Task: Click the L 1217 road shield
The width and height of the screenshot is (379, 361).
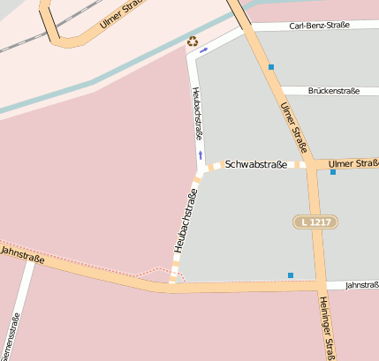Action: [315, 222]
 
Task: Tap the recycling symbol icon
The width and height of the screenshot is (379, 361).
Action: [193, 41]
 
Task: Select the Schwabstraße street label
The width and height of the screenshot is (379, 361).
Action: [255, 165]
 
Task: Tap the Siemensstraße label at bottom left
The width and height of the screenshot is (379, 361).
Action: [10, 340]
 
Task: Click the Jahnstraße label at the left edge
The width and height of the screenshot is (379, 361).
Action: [21, 252]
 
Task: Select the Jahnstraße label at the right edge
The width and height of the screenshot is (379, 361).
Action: [361, 285]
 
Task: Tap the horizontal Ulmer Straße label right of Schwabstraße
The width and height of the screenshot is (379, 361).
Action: [352, 163]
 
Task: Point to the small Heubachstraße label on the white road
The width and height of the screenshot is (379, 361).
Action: [197, 114]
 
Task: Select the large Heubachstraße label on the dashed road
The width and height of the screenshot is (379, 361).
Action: [186, 221]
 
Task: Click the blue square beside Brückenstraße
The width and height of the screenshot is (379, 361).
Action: [271, 67]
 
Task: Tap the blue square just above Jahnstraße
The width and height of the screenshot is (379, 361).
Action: [290, 275]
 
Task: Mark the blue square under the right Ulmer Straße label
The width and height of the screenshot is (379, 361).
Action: [333, 172]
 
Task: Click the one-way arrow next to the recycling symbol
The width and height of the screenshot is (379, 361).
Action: [204, 50]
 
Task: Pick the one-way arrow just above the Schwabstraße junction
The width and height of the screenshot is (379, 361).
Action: [201, 155]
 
